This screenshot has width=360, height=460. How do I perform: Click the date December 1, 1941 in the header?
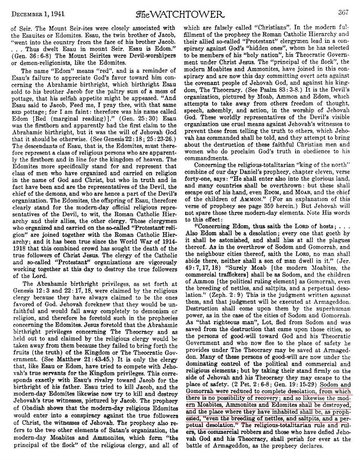click(x=38, y=14)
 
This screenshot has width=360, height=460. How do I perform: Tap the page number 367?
click(x=343, y=13)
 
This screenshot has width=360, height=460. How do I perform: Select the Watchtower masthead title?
click(x=180, y=14)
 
